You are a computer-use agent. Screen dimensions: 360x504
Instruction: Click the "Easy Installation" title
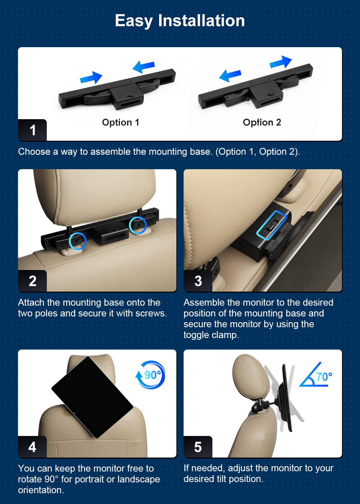pyautogui.click(x=180, y=21)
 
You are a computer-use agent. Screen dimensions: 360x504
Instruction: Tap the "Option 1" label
pyautogui.click(x=121, y=122)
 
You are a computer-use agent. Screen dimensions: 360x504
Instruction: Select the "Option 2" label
pyautogui.click(x=262, y=122)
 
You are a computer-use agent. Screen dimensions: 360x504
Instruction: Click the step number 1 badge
pyautogui.click(x=32, y=130)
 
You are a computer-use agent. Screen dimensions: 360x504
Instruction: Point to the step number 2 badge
pyautogui.click(x=32, y=281)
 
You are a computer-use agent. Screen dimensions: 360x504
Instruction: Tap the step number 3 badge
pyautogui.click(x=198, y=281)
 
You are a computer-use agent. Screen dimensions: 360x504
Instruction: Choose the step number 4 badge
pyautogui.click(x=32, y=447)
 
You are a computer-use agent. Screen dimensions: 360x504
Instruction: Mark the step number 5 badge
pyautogui.click(x=198, y=447)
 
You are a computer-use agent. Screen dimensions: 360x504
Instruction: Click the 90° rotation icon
pyautogui.click(x=150, y=375)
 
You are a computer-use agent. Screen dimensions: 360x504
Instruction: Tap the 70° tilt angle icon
pyautogui.click(x=315, y=375)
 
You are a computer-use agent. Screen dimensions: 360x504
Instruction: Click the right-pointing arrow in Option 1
pyautogui.click(x=91, y=78)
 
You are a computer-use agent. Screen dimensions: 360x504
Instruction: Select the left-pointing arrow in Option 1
pyautogui.click(x=144, y=67)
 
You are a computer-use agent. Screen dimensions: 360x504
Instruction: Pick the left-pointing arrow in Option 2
pyautogui.click(x=230, y=75)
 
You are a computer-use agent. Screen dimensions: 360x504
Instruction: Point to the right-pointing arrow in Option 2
pyautogui.click(x=280, y=62)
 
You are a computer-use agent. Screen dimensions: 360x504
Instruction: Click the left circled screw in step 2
pyautogui.click(x=78, y=241)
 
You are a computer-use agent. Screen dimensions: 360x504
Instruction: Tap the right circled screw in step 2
pyautogui.click(x=138, y=225)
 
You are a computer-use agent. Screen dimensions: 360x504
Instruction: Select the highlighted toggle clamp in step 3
pyautogui.click(x=272, y=225)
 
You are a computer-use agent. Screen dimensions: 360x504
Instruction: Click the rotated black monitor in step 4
pyautogui.click(x=92, y=397)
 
